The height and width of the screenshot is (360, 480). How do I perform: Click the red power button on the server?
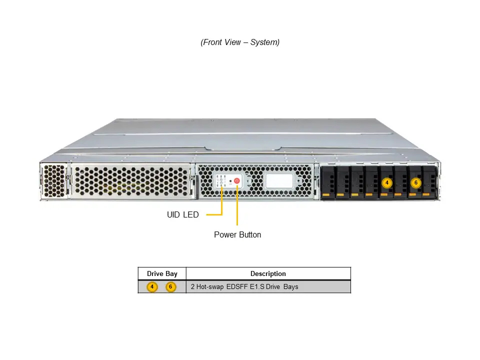(x=236, y=181)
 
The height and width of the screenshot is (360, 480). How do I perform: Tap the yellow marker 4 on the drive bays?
(x=387, y=183)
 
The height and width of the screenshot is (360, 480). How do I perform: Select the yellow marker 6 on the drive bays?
(x=415, y=183)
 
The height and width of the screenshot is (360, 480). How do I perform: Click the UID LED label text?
(x=183, y=214)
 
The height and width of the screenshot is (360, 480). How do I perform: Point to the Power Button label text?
(x=237, y=235)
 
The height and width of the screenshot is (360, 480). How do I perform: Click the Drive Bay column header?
(x=162, y=273)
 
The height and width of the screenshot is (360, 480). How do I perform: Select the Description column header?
(x=268, y=273)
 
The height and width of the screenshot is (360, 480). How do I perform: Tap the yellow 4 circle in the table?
(x=152, y=287)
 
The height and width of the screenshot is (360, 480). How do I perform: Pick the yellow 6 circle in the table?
(x=171, y=287)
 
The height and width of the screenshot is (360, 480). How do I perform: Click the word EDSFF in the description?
(x=237, y=287)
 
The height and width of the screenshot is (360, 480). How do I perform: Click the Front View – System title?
(x=240, y=42)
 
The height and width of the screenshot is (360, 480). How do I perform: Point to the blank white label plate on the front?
(x=279, y=181)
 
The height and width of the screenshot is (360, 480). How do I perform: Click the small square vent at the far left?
(x=54, y=181)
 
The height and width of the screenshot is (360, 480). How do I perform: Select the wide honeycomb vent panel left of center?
(x=131, y=181)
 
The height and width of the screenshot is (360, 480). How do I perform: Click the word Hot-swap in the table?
(x=209, y=287)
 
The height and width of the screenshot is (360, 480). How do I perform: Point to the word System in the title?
(x=265, y=42)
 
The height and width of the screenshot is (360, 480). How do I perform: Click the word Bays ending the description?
(x=291, y=287)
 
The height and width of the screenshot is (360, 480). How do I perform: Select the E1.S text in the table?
(x=257, y=287)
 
